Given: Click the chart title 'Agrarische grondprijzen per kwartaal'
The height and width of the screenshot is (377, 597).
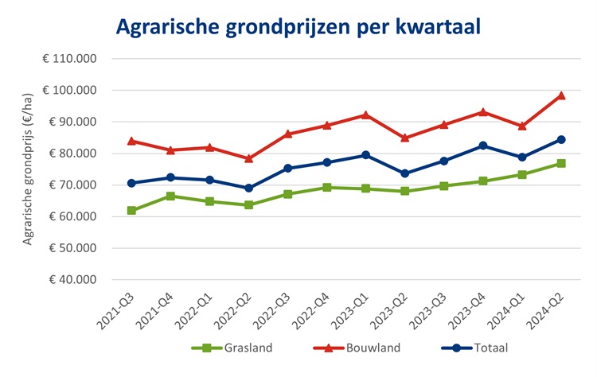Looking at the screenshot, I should pos(299,26).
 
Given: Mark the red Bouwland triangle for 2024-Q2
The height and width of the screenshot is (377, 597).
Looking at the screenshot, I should pos(560,95).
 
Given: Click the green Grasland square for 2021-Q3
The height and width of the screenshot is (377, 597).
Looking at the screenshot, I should pos(131,211).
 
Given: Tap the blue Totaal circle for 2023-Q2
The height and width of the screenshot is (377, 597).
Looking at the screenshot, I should pos(404,173).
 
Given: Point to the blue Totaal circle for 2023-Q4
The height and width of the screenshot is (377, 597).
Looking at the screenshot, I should pos(482,146).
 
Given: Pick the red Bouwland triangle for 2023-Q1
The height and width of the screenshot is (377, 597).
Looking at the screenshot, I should pos(365,115).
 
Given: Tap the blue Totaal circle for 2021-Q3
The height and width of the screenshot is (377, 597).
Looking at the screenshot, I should pos(131,183).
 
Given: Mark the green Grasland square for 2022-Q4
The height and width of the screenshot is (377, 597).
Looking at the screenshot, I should pos(326,188).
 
